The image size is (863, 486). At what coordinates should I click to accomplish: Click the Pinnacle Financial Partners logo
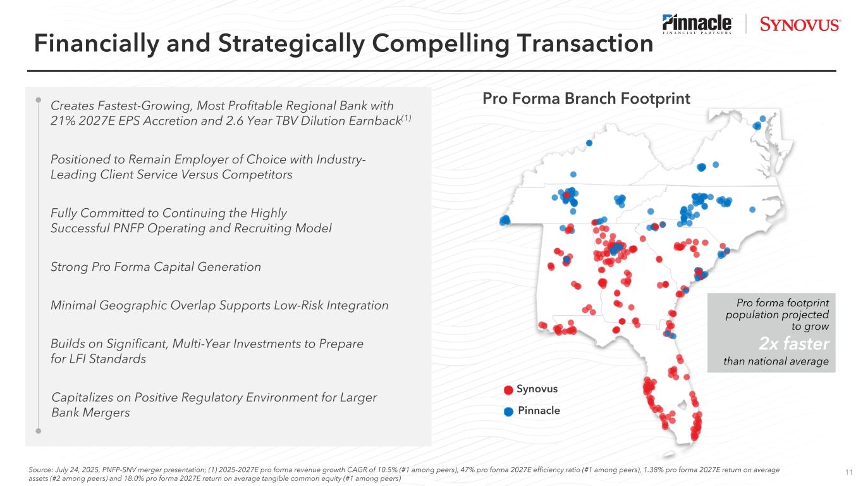coord(697,24)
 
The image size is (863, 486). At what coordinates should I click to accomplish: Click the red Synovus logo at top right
coord(800,25)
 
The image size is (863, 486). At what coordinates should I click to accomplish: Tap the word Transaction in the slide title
coord(585,43)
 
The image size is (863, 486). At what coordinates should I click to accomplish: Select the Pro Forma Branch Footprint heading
coord(586,99)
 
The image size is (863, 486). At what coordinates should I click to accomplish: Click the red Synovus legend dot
coord(508,390)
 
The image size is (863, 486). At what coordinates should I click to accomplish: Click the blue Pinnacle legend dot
coord(508,411)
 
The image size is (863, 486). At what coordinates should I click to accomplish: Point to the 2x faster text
coord(793,344)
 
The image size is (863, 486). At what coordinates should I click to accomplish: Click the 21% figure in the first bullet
coord(63,121)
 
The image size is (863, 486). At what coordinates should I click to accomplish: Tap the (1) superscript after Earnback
coord(407,118)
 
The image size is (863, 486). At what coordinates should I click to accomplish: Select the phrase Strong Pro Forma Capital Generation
coord(156,267)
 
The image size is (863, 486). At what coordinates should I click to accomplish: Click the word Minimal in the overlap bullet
coord(73,305)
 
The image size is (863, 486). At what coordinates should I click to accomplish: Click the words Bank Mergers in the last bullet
coord(90,413)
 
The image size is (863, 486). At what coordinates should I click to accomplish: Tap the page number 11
coord(848,473)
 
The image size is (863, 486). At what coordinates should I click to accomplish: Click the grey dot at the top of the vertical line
coord(38,100)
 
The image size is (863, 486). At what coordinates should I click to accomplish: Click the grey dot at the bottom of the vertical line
coord(38,431)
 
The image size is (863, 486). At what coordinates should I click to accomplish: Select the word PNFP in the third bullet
coord(128,228)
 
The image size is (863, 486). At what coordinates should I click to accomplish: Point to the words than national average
coord(776,361)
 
